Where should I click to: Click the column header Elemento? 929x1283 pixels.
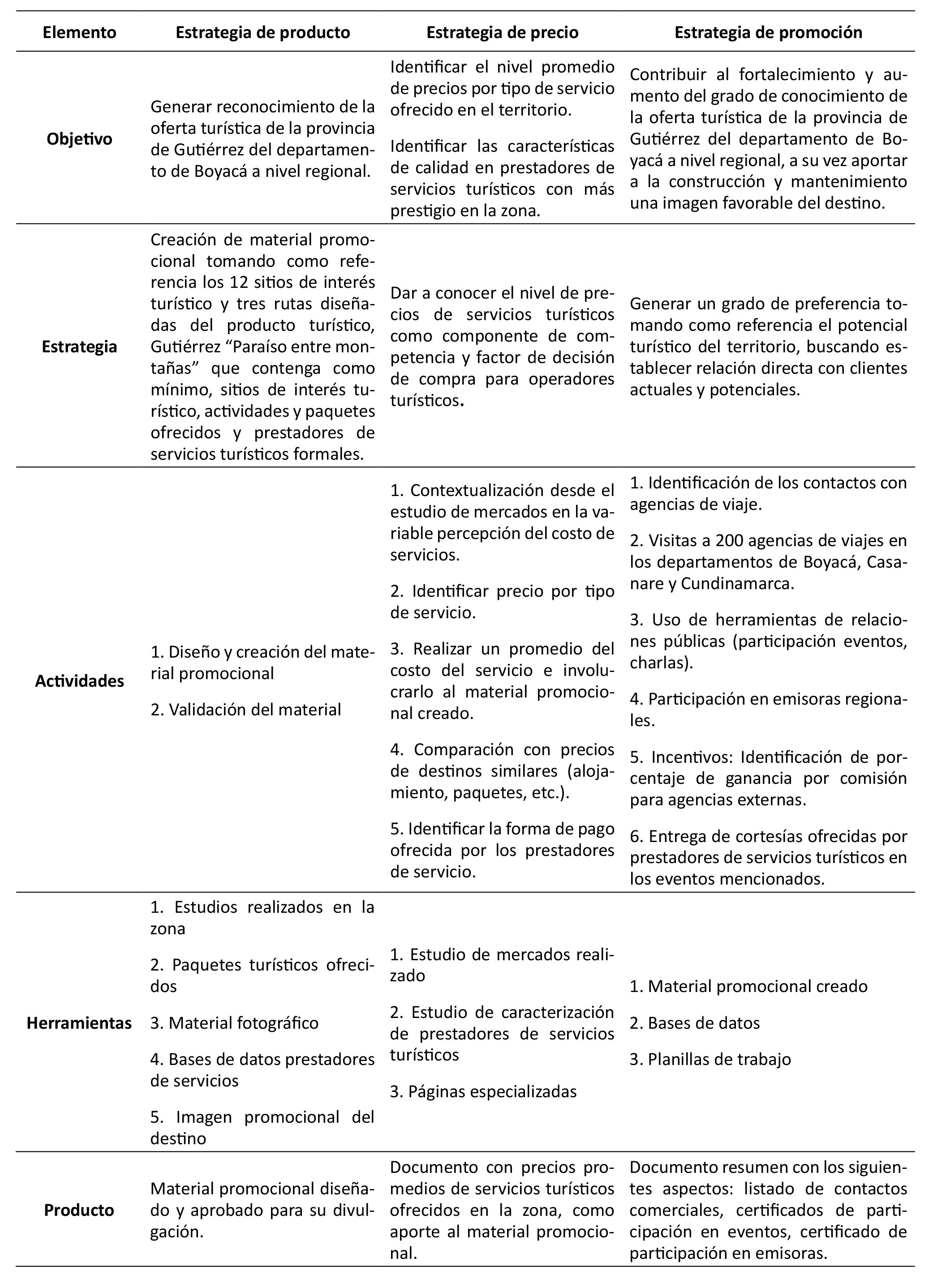79,32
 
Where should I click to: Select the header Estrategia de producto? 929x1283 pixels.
262,32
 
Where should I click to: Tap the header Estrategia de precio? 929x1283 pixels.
502,32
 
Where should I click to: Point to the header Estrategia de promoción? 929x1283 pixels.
768,32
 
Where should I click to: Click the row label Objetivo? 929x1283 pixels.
79,139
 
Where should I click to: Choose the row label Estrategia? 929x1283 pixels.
79,346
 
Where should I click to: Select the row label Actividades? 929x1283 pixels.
79,680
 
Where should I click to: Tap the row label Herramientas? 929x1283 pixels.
79,1023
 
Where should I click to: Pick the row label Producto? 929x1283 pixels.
79,1210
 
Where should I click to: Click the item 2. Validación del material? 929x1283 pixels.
246,710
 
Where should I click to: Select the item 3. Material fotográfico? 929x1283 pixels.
234,1023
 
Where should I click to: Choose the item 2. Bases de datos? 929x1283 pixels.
695,1023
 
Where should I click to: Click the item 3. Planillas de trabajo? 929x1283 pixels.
710,1059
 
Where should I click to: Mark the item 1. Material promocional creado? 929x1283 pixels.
748,987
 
